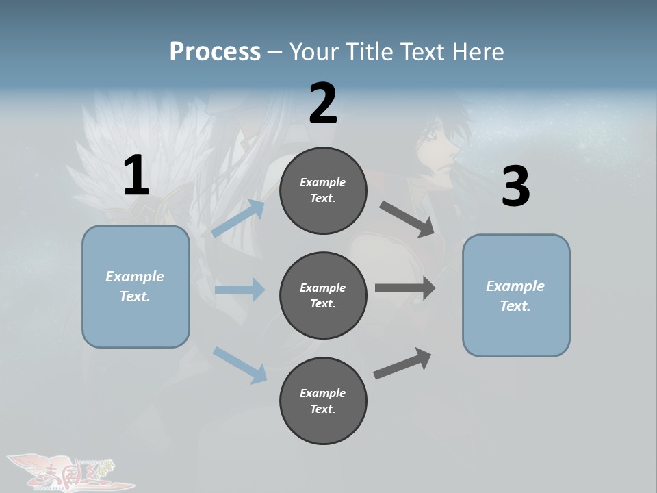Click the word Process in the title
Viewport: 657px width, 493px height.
pyautogui.click(x=215, y=51)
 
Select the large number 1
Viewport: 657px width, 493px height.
pyautogui.click(x=136, y=175)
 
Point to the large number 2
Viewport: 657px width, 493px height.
pyautogui.click(x=323, y=103)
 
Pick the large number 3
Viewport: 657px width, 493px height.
pyautogui.click(x=515, y=186)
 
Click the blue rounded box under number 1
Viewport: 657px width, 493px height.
pyautogui.click(x=136, y=286)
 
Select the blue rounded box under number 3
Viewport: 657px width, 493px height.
pyautogui.click(x=516, y=296)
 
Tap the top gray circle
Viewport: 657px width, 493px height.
pyautogui.click(x=323, y=190)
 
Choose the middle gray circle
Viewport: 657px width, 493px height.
pyautogui.click(x=323, y=296)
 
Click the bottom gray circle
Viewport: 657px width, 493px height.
pyautogui.click(x=323, y=401)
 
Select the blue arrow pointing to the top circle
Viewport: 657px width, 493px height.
pyautogui.click(x=238, y=218)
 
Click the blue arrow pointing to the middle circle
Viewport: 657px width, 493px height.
pyautogui.click(x=240, y=290)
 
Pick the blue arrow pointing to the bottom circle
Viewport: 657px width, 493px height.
pyautogui.click(x=240, y=364)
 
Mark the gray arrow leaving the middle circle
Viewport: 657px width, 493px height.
pyautogui.click(x=405, y=288)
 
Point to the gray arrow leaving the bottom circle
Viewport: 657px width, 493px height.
pyautogui.click(x=402, y=363)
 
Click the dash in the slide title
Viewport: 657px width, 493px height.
pyautogui.click(x=275, y=52)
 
